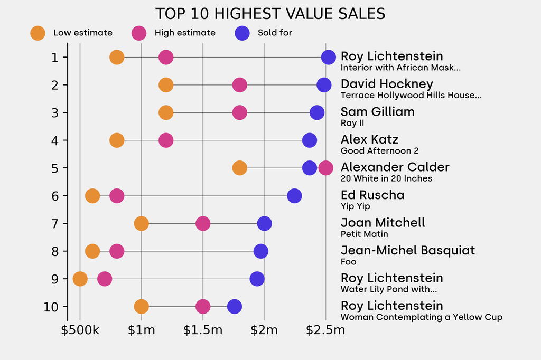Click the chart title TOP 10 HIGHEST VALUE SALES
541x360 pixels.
coord(270,14)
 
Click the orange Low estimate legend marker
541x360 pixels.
coord(38,33)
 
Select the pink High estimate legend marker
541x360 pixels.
coord(139,33)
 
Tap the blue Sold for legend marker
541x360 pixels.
coord(242,33)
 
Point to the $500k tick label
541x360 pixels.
coord(80,330)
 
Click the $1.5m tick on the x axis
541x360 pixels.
coord(203,330)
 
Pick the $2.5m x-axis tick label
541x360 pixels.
coord(325,330)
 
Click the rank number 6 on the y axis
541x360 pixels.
coord(55,196)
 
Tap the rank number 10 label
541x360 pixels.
coord(52,307)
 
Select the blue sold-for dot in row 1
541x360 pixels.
coord(329,57)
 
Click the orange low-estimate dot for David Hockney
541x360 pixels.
coord(166,84)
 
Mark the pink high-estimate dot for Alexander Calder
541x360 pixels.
coord(326,168)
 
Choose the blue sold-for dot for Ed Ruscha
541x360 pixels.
coord(294,196)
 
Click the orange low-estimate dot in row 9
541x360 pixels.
coord(80,279)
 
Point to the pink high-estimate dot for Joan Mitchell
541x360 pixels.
coord(203,223)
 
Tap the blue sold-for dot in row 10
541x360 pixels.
coord(235,306)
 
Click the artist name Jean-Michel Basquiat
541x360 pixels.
coord(408,250)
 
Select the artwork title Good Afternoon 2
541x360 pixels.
coord(379,151)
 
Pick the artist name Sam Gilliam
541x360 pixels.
coord(377,111)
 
